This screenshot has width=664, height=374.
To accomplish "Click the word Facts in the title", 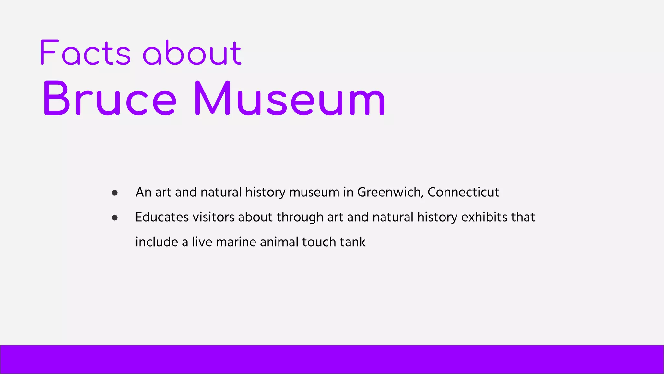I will tap(85, 53).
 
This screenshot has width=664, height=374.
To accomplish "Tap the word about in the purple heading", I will tap(192, 53).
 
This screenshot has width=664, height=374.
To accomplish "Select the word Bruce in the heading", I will tap(110, 98).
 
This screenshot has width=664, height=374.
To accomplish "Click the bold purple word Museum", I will tap(290, 98).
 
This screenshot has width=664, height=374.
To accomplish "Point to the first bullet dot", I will tap(114, 193).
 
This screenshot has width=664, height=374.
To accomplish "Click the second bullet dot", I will tap(114, 218).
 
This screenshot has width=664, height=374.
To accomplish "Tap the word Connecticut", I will tap(463, 192).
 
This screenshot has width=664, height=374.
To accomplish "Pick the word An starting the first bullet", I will tap(143, 192).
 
